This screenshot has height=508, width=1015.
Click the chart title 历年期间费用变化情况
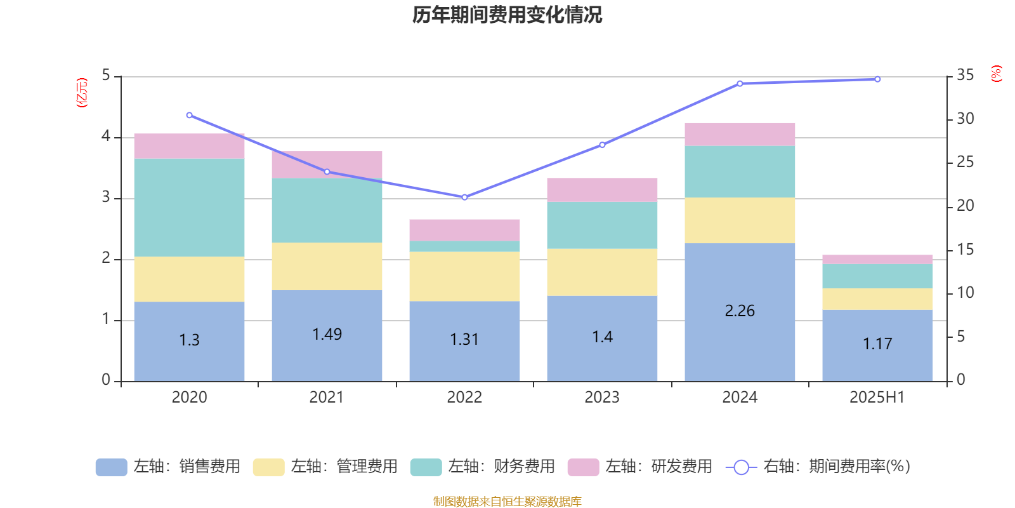tap(507, 15)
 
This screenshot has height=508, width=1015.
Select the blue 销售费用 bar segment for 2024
tap(740, 312)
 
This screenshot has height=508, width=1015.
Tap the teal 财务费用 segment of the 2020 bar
tap(190, 207)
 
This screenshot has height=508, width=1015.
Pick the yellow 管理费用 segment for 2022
tap(464, 276)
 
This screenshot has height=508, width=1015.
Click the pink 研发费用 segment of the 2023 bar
tap(602, 190)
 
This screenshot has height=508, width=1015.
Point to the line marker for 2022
tap(464, 197)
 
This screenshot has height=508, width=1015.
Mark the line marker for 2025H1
tap(877, 79)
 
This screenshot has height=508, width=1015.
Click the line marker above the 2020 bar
tap(190, 115)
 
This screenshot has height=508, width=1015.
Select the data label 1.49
tap(327, 334)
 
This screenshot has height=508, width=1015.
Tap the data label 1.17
tap(877, 344)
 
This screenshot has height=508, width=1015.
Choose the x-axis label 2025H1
tap(877, 398)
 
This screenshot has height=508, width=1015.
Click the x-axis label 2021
tap(326, 398)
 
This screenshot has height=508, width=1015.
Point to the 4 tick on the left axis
tap(106, 136)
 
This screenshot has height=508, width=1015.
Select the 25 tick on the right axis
tap(965, 162)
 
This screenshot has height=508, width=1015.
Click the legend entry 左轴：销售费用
tap(168, 467)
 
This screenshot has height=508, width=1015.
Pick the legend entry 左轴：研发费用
tap(640, 467)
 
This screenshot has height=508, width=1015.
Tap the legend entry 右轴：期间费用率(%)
tap(818, 467)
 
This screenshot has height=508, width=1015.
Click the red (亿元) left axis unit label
tap(82, 93)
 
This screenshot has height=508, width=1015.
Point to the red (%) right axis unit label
tap(996, 74)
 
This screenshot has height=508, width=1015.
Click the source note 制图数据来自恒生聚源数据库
tap(507, 501)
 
